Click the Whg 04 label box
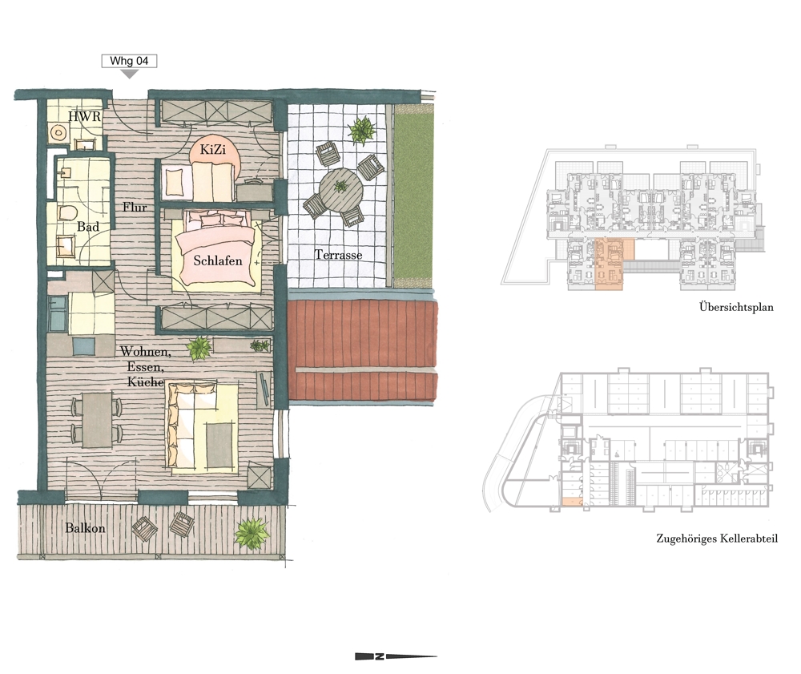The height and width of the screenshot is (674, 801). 129,61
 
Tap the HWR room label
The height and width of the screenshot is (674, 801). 85,116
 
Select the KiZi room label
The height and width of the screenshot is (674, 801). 212,150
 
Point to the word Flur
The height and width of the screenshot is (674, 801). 135,208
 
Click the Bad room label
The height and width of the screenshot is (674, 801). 88,226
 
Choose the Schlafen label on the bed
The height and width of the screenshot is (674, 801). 218,260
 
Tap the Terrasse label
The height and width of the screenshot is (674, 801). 338,255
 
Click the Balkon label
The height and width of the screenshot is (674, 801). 85,528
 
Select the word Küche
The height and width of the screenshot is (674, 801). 146,382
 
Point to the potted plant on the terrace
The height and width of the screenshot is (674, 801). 362,130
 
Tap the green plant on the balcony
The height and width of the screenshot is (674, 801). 252,532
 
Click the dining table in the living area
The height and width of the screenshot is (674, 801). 98,419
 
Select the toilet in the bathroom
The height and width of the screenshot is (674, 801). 67,212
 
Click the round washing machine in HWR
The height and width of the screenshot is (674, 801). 58,133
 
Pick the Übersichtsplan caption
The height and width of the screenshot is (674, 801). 736,308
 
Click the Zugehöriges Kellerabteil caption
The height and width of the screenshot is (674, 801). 717,539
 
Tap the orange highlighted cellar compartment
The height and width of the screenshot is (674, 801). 572,502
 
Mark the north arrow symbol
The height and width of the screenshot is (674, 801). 396,656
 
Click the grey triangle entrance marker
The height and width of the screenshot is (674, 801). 130,74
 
